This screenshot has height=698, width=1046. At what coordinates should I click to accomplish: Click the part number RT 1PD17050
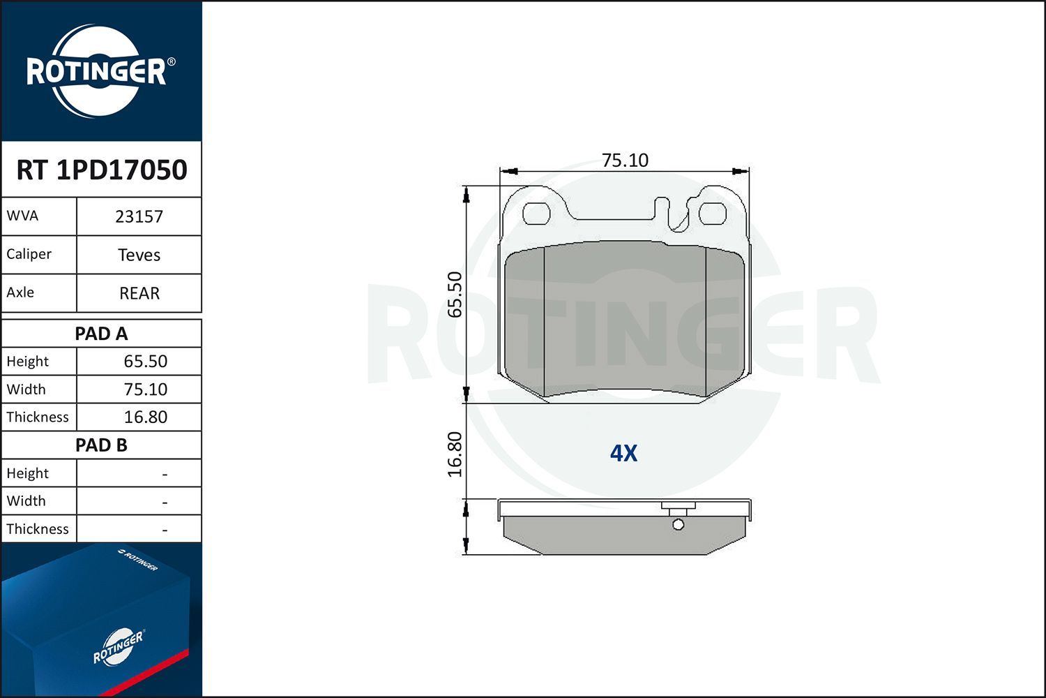(x=102, y=170)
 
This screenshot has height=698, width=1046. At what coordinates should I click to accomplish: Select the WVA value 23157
(x=139, y=216)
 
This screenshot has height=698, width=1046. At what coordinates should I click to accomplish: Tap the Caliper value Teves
(x=139, y=255)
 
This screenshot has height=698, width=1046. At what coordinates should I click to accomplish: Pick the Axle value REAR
(x=139, y=293)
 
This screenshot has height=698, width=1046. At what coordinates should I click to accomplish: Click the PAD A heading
(x=101, y=334)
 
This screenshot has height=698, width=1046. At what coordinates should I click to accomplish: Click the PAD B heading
(x=101, y=445)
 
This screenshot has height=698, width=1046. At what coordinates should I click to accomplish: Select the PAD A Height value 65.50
(x=145, y=362)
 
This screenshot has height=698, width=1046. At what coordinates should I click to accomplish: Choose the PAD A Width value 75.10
(x=145, y=389)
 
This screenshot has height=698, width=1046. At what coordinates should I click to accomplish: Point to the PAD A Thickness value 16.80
(x=145, y=417)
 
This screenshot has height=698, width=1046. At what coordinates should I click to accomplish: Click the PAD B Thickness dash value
(x=165, y=530)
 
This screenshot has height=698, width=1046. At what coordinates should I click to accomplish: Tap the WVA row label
(x=22, y=216)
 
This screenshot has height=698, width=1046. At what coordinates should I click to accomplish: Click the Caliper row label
(x=29, y=254)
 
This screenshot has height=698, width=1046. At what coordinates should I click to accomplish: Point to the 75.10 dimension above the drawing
(x=625, y=160)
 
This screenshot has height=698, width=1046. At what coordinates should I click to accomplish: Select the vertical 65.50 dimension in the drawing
(x=455, y=294)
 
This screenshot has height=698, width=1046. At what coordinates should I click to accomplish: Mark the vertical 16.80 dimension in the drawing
(x=455, y=454)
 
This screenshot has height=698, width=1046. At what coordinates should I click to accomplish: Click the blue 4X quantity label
(x=623, y=454)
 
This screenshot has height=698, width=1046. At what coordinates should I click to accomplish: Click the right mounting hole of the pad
(x=713, y=214)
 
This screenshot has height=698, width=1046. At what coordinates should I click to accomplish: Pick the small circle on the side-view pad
(x=678, y=525)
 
